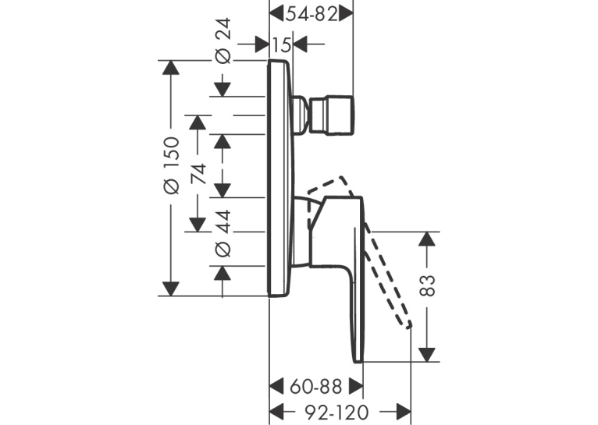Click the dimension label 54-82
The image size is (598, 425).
tap(312, 15)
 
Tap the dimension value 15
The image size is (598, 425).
tap(282, 45)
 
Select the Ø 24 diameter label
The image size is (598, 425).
tap(222, 41)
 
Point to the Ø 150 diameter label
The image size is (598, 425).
tap(171, 165)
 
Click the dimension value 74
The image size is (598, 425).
tap(198, 174)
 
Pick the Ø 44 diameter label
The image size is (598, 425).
tap(222, 232)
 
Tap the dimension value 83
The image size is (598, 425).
tap(427, 285)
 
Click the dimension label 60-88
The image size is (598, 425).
tap(315, 387)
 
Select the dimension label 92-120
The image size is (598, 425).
tap(336, 412)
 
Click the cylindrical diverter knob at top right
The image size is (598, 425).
tap(333, 115)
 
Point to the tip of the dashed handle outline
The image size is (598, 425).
tap(409, 325)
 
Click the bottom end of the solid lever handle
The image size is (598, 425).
tap(358, 361)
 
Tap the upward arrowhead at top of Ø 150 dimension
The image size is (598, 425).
tap(170, 67)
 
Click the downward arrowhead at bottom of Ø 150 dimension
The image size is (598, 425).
tap(170, 289)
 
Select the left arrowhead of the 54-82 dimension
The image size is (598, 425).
tap(277, 14)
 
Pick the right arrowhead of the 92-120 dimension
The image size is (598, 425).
tap(403, 412)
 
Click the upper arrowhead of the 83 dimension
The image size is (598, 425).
tap(427, 239)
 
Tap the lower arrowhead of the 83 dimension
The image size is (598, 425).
tap(427, 355)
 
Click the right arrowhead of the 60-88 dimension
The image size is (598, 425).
tap(356, 387)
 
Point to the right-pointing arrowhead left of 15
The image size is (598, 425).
tap(262, 44)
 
